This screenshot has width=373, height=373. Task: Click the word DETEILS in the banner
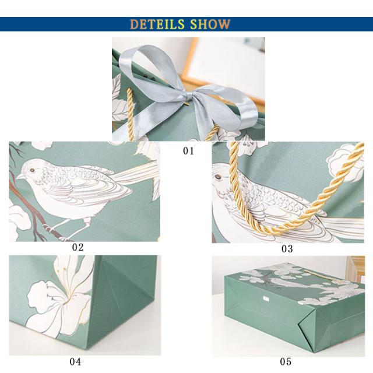[157, 24]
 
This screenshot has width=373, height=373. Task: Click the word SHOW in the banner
[210, 24]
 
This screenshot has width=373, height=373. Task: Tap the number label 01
[188, 150]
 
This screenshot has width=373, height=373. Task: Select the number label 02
[78, 247]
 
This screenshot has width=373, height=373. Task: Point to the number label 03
[287, 249]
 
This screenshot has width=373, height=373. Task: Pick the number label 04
[75, 361]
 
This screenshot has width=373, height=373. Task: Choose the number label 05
[286, 361]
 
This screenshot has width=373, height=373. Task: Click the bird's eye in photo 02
[31, 170]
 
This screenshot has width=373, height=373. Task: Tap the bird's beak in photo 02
[19, 177]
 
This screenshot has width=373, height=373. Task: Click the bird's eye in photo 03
[217, 177]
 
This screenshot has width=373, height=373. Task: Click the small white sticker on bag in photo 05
[266, 298]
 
